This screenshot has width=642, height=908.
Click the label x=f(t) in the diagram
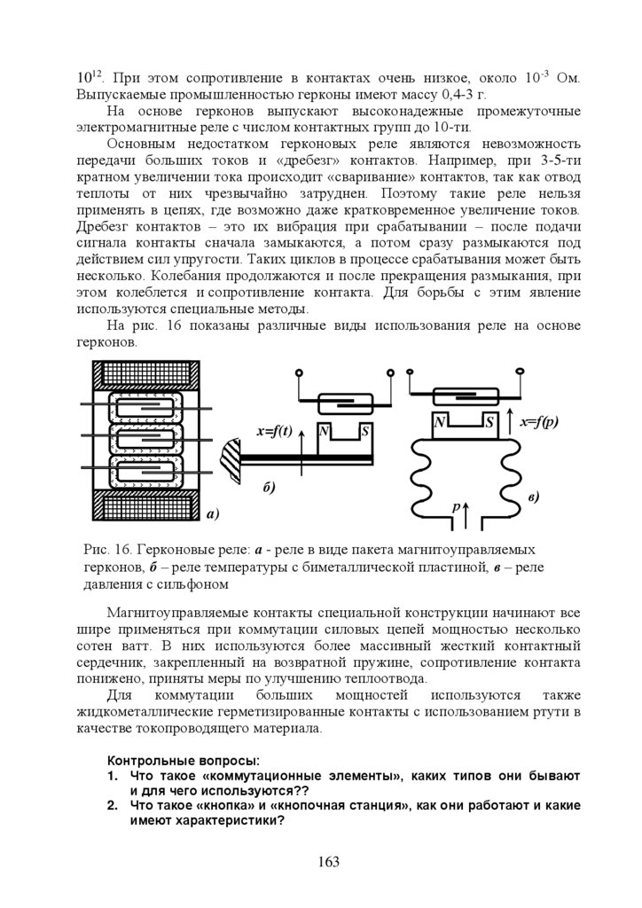pyautogui.click(x=275, y=432)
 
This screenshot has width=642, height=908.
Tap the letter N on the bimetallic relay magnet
pyautogui.click(x=325, y=432)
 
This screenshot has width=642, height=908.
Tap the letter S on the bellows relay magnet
pyautogui.click(x=489, y=422)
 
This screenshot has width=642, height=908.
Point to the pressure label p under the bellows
pyautogui.click(x=456, y=506)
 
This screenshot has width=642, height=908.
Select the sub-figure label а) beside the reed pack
pyautogui.click(x=213, y=513)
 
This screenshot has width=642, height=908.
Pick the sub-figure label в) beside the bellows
pyautogui.click(x=533, y=497)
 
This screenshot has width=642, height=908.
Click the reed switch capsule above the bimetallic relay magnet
pyautogui.click(x=341, y=401)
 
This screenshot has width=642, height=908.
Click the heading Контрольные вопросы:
pyautogui.click(x=184, y=761)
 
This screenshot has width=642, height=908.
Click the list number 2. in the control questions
pyautogui.click(x=113, y=806)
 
